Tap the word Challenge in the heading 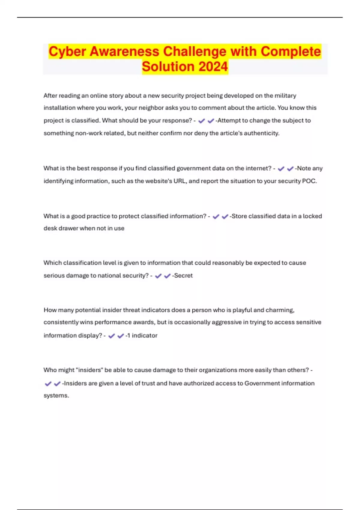pos(195,52)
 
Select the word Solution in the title pos(168,67)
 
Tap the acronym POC pos(310,181)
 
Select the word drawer pos(68,228)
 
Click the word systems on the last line pos(56,396)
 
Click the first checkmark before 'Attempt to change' pos(202,121)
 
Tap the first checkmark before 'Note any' pos(281,169)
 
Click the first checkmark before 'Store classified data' pos(216,217)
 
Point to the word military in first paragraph pos(285,96)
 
